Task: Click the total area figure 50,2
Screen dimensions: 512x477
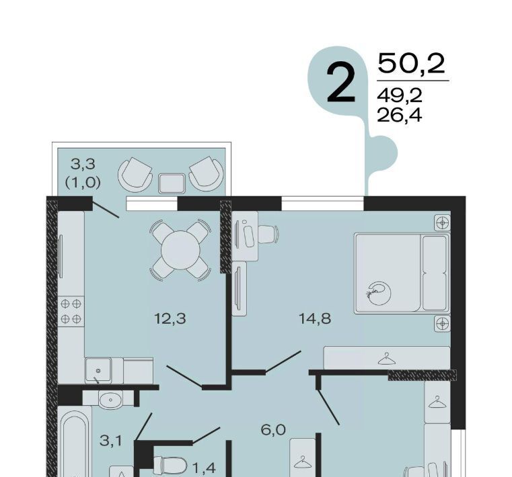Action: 411,64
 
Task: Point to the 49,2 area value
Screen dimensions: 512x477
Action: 400,96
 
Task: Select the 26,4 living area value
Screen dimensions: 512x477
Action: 400,115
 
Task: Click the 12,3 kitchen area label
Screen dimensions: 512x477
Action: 170,319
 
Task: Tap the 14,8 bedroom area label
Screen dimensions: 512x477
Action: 315,319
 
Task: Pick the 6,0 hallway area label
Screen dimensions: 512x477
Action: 273,431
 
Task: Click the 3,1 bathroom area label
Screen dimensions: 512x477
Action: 111,441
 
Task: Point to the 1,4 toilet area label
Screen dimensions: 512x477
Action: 204,468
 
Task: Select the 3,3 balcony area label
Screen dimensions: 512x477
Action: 83,164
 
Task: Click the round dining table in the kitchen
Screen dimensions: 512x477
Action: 180,250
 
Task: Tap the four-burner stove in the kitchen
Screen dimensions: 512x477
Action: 71,311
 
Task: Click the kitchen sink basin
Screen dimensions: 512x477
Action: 98,370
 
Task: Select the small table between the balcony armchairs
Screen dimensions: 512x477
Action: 172,183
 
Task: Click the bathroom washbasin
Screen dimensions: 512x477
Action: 111,399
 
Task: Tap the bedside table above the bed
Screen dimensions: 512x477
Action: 443,223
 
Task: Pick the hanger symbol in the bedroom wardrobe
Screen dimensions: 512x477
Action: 386,359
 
